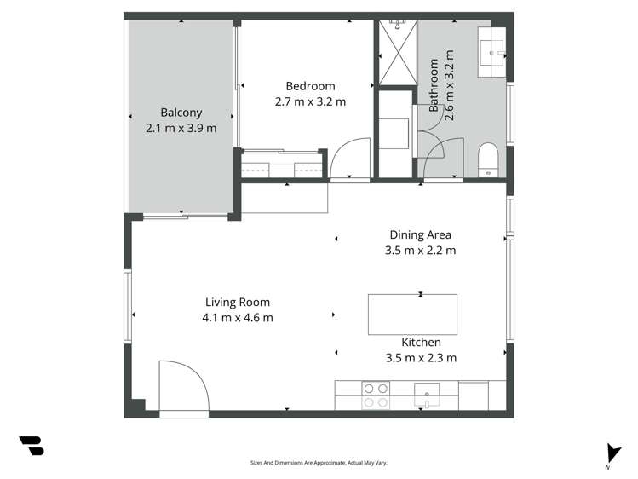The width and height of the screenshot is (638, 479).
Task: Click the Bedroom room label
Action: coord(310,86)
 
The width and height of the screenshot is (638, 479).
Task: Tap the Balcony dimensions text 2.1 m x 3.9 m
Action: coord(181,128)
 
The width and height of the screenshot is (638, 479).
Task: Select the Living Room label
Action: coord(237,302)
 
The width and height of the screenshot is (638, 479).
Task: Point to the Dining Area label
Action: coord(420,234)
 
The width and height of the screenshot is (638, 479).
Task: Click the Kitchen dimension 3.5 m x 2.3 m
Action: coord(421,358)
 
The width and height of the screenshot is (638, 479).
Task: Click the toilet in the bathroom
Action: coord(487,159)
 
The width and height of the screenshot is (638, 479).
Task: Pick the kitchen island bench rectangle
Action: coord(412,315)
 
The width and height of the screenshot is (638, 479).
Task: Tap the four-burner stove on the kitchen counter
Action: coord(376,394)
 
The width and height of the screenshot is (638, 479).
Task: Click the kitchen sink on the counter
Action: coord(427,395)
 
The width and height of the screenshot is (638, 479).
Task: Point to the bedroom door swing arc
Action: coord(349,160)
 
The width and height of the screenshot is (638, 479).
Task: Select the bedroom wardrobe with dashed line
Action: coord(282,164)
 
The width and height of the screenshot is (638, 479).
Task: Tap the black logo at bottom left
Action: coord(32,446)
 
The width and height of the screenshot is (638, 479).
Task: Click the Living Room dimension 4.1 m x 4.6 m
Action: coord(237,318)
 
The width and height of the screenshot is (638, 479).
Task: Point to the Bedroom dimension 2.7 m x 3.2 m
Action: coord(310,102)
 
